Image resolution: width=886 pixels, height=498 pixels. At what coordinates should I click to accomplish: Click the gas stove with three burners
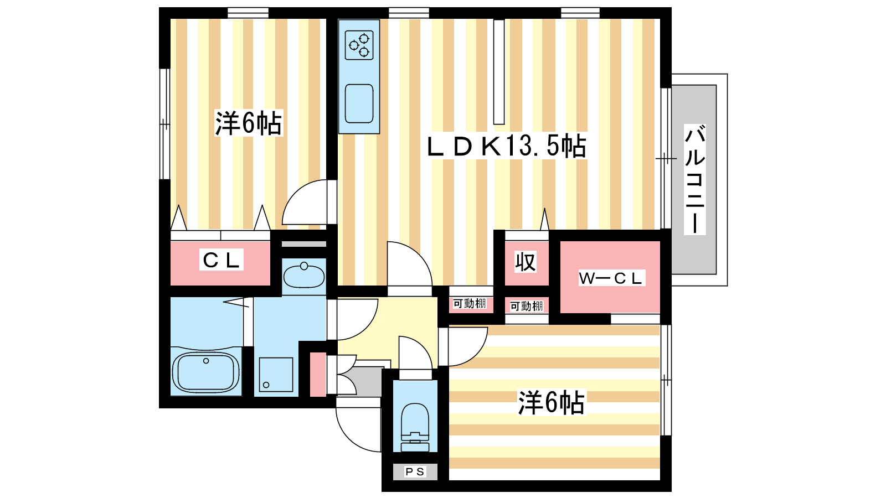point(359,45)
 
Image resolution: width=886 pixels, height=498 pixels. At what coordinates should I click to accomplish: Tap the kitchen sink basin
point(359,103)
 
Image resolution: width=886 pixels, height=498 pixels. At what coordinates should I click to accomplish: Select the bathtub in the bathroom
point(205,372)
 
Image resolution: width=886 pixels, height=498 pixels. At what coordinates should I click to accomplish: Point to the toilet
point(415,427)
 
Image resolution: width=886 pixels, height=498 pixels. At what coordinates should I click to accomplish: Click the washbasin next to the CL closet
point(304,276)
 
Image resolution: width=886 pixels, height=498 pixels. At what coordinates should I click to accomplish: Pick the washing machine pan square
point(276,374)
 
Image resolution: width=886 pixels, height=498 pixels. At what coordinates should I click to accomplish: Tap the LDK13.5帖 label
point(507,146)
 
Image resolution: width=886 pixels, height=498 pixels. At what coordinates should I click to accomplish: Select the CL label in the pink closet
point(221,260)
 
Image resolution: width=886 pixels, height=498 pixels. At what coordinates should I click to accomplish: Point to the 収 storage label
point(526,262)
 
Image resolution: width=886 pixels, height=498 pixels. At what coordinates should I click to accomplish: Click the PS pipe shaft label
point(415,471)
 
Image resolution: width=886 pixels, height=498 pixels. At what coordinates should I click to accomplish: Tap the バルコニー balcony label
point(695,179)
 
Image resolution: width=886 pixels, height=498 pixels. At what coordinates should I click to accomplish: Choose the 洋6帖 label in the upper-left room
point(249,123)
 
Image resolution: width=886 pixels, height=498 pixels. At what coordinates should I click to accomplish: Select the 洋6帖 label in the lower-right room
point(552,402)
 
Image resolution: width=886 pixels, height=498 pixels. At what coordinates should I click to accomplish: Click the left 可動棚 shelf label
point(470,304)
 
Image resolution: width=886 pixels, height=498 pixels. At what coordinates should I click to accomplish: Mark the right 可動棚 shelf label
point(527,306)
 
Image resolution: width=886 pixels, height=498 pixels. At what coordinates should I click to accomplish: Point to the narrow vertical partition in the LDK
point(499,72)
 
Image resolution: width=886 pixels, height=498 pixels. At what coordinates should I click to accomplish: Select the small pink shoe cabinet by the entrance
point(318,374)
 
